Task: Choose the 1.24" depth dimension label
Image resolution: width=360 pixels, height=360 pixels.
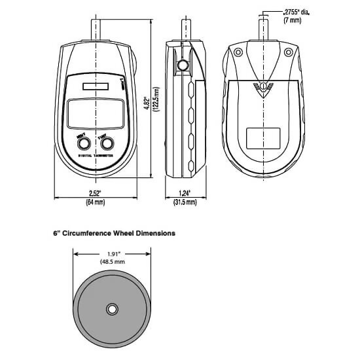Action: click(185, 192)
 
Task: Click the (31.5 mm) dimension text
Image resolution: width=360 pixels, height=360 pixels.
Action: click(185, 202)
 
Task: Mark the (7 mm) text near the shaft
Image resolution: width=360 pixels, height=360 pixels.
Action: click(291, 21)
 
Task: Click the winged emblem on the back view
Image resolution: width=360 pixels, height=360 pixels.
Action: click(262, 85)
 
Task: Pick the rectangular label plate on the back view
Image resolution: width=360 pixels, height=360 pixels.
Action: click(263, 137)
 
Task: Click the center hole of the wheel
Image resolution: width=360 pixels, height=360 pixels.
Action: click(111, 308)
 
